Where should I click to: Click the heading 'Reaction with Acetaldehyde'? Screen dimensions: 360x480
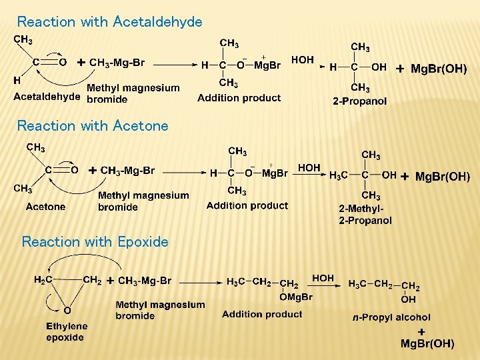(109, 22)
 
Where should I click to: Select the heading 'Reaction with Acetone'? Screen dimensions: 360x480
(93, 125)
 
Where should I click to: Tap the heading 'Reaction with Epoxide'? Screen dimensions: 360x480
(95, 241)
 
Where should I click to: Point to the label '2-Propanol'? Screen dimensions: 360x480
(360, 101)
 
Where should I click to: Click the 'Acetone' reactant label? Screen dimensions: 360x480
(45, 207)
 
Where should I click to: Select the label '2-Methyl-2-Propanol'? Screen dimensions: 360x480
(365, 215)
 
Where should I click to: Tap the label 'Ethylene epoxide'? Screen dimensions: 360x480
(67, 331)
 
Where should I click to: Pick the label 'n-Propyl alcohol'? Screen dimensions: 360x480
(391, 317)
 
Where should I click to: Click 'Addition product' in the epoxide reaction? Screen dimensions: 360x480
(262, 313)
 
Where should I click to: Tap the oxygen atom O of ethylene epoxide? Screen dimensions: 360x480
(67, 309)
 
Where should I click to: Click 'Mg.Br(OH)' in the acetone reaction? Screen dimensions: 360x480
(442, 177)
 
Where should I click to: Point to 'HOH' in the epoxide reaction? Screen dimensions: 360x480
(323, 278)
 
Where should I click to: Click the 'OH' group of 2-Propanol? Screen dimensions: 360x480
(378, 67)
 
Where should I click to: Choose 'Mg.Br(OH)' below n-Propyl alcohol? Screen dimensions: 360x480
(427, 344)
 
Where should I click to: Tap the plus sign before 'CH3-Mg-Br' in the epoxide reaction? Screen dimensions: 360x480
(110, 281)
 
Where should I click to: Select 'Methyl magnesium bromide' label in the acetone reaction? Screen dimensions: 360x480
(143, 201)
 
